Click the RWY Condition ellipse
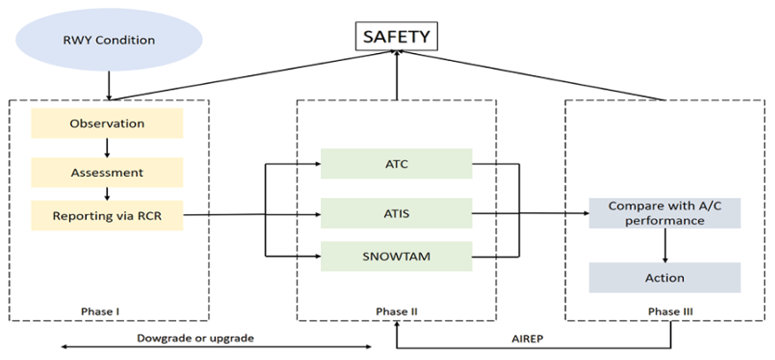pyautogui.click(x=109, y=40)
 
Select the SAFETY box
pyautogui.click(x=396, y=37)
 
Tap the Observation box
pyautogui.click(x=107, y=123)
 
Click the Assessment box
pyautogui.click(x=107, y=172)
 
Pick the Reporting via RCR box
pyautogui.click(x=107, y=214)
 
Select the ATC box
pyautogui.click(x=396, y=163)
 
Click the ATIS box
pyautogui.click(x=396, y=212)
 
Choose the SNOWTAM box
pyautogui.click(x=396, y=257)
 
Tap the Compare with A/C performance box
pyautogui.click(x=664, y=213)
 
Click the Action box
pyautogui.click(x=664, y=278)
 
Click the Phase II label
pyautogui.click(x=396, y=310)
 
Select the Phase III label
pyautogui.click(x=664, y=310)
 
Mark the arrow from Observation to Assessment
pyautogui.click(x=107, y=148)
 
